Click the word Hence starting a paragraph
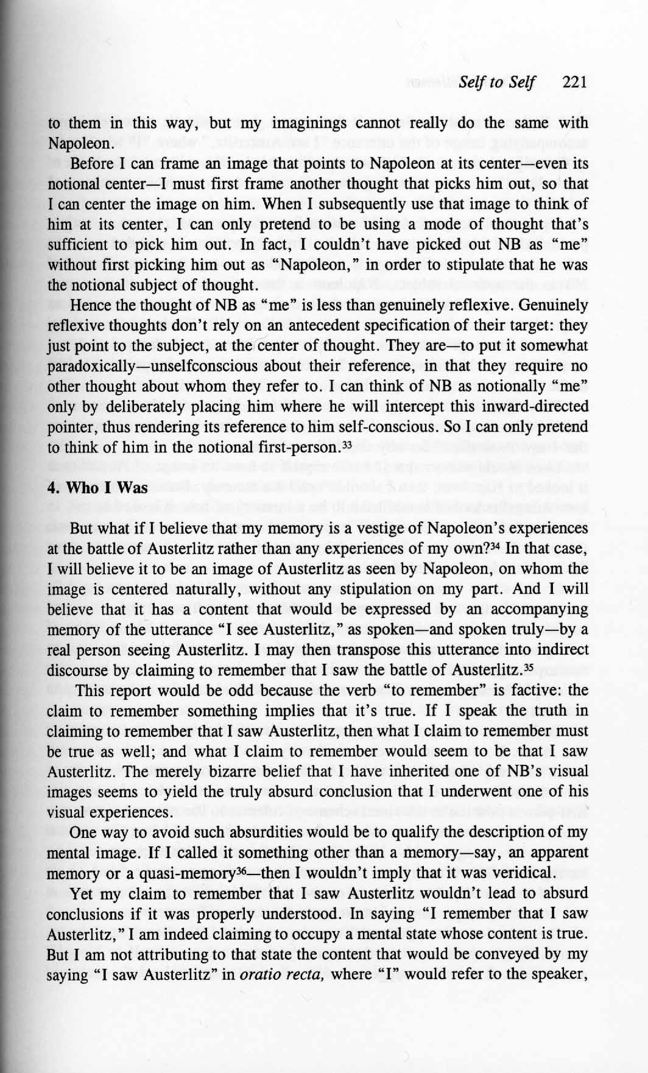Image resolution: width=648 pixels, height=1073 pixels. [x=90, y=305]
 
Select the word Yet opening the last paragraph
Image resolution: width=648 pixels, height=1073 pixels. [x=82, y=893]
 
